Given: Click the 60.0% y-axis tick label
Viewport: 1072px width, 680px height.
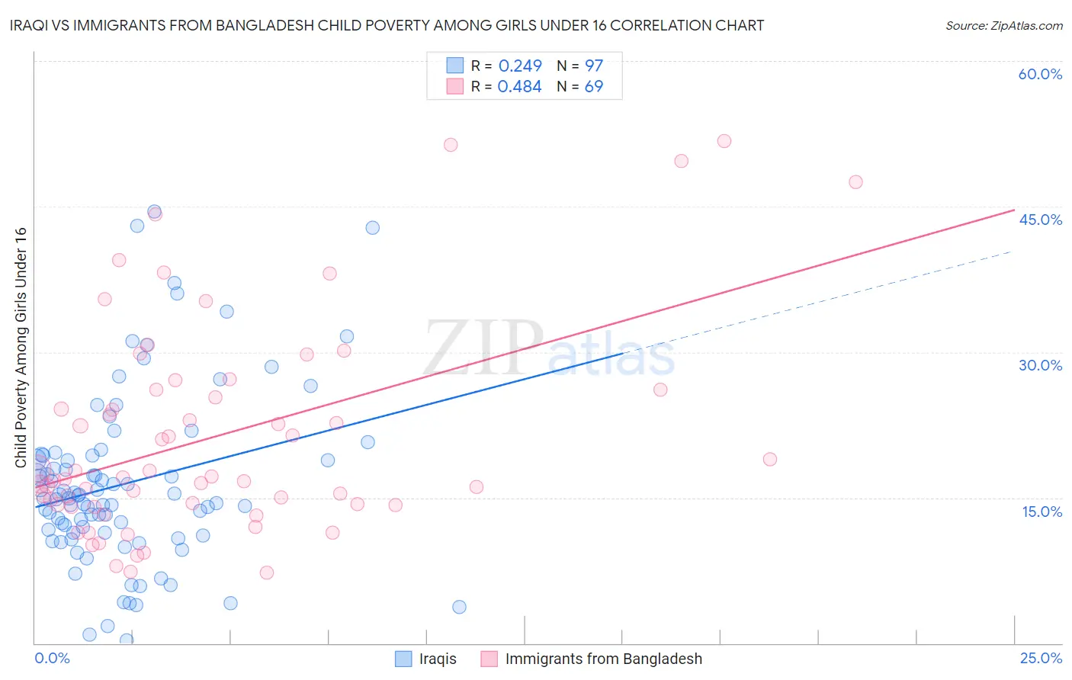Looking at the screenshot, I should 1040,74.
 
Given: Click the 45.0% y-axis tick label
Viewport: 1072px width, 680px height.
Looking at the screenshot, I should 1040,220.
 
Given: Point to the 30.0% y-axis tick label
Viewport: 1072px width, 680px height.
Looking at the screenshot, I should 1040,365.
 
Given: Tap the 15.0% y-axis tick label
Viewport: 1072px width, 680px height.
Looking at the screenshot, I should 1042,512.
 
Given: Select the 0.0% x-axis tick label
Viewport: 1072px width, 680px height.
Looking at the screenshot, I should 52,659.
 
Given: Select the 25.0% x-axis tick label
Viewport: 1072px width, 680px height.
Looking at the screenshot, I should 1041,659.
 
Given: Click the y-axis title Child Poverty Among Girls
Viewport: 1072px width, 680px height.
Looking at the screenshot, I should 21,347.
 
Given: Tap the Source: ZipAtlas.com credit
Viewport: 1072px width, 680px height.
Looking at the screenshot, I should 1003,26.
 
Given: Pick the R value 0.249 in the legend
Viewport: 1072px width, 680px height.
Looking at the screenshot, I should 520,66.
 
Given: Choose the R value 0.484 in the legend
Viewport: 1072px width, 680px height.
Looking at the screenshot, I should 519,87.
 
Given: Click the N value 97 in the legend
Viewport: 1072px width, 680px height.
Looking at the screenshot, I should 594,66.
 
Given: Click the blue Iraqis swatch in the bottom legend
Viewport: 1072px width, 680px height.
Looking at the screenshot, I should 403,659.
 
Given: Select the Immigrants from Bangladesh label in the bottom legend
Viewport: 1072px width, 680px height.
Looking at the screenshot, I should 603,659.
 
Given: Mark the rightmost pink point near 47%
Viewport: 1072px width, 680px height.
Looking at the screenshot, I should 855,182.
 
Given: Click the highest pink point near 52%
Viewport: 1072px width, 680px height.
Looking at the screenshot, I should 724,141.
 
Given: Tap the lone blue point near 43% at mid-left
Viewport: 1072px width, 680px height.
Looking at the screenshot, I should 372,228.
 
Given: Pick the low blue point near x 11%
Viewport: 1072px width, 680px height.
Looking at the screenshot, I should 459,607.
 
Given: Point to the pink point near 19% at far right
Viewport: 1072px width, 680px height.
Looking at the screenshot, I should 770,460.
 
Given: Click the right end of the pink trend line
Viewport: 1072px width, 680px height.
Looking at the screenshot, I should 1014,210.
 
